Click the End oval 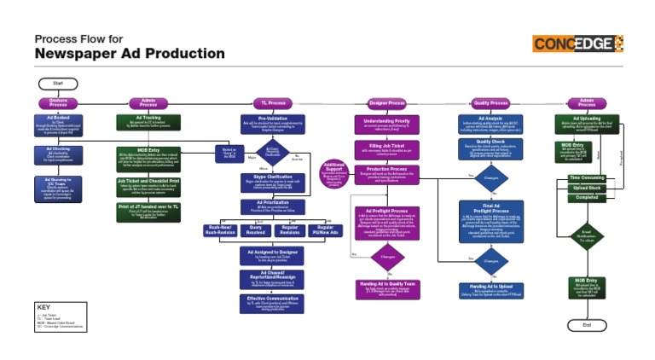click(586, 325)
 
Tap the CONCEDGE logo click(577, 44)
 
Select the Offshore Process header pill click(58, 103)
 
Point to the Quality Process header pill click(490, 102)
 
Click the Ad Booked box click(58, 126)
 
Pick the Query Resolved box click(254, 230)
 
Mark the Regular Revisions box click(290, 230)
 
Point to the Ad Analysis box click(490, 125)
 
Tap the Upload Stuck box click(586, 188)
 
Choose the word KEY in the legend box click(45, 306)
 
